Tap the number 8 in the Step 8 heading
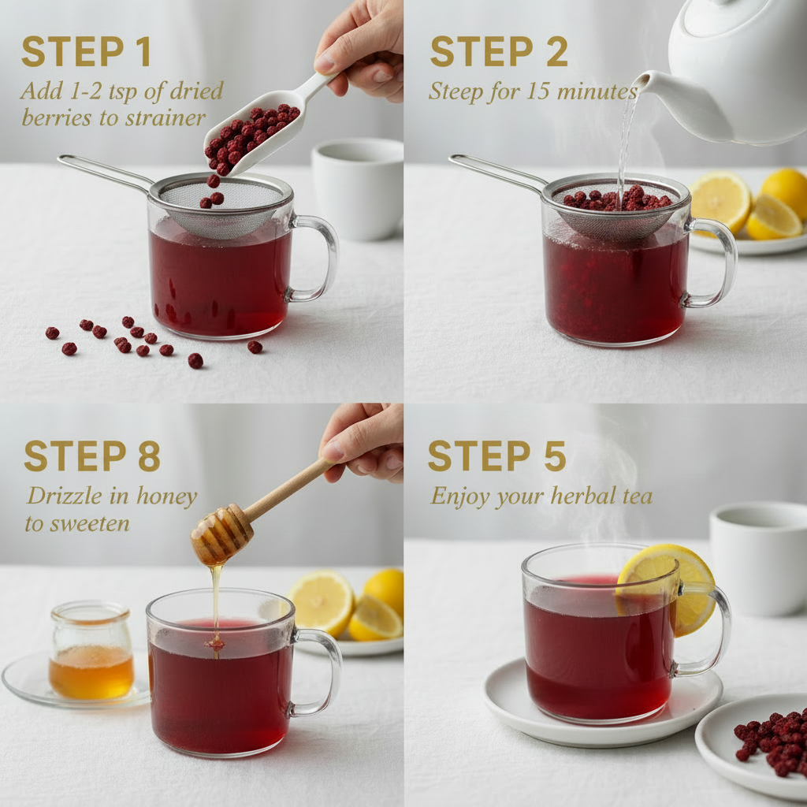coord(149,456)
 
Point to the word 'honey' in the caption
coord(166,497)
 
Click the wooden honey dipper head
coord(221,535)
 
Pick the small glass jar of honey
coord(91,650)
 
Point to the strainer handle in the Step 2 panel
coord(496,170)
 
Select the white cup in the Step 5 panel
coord(758,559)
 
